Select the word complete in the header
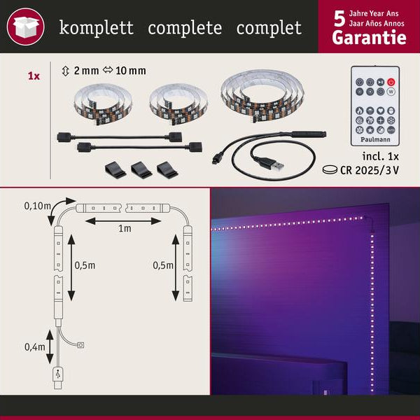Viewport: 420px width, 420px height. click(185, 29)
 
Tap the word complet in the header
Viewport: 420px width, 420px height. click(269, 29)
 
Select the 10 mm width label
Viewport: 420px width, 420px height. click(129, 71)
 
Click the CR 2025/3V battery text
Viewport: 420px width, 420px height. click(377, 169)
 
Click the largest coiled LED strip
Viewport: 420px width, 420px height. click(259, 96)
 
